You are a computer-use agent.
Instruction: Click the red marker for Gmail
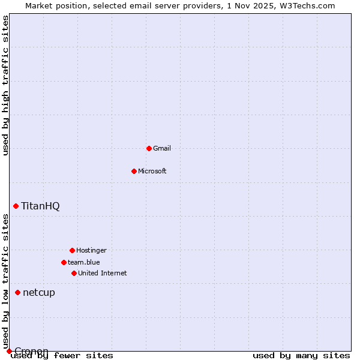click(x=149, y=148)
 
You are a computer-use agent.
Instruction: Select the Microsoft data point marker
click(x=134, y=171)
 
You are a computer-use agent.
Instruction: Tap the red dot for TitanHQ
click(x=16, y=206)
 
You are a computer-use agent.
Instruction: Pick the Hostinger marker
click(x=72, y=250)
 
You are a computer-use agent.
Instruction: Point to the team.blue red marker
click(x=64, y=262)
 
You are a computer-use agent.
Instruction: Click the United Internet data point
click(x=74, y=273)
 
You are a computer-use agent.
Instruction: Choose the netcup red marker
click(x=17, y=292)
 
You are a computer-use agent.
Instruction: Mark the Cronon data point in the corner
click(x=9, y=351)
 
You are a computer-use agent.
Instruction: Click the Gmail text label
click(x=162, y=148)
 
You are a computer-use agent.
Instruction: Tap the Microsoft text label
click(x=152, y=171)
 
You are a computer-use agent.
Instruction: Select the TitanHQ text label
click(x=40, y=206)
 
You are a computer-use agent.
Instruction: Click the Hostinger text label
click(x=91, y=250)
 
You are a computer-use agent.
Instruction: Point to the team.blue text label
click(x=84, y=262)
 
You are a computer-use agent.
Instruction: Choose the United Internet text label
click(x=103, y=273)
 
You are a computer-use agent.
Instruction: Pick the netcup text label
click(x=39, y=292)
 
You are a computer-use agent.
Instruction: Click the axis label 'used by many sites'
click(x=301, y=355)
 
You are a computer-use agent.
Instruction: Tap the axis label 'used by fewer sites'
click(x=63, y=355)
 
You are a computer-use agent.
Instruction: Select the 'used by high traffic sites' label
click(x=6, y=85)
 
